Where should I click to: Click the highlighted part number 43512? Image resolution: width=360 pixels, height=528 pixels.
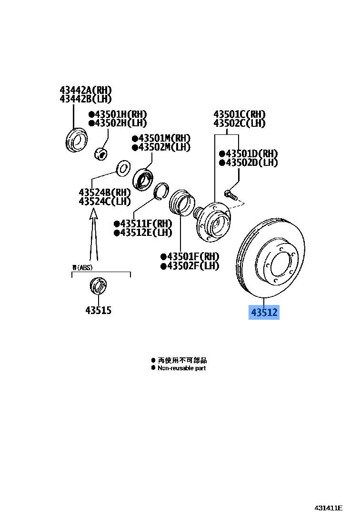click(264, 313)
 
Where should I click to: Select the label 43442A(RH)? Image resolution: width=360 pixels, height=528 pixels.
click(86, 90)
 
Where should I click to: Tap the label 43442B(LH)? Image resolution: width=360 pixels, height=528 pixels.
click(86, 99)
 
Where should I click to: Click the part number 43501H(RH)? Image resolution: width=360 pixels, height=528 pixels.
click(118, 114)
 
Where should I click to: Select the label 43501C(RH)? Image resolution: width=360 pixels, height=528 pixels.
click(239, 114)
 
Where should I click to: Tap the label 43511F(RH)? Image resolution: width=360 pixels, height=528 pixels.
click(142, 223)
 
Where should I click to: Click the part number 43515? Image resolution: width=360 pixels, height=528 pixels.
click(98, 310)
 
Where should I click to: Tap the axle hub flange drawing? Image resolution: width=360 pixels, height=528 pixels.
click(211, 222)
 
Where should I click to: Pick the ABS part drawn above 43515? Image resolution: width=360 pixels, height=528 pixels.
click(98, 286)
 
